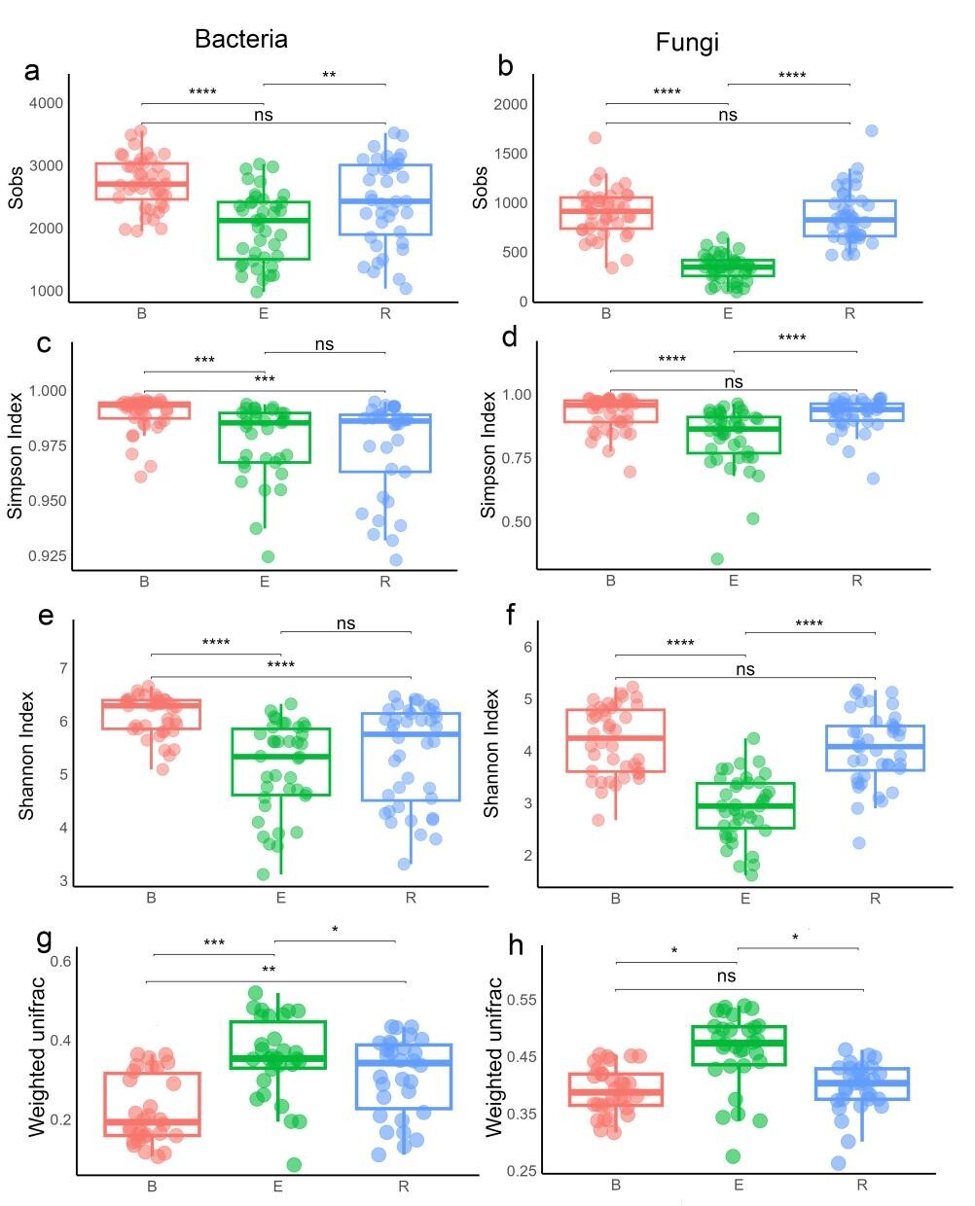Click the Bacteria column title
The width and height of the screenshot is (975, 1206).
tap(240, 39)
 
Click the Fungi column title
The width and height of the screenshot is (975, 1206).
tap(687, 42)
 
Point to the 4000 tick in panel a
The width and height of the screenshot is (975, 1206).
tap(46, 103)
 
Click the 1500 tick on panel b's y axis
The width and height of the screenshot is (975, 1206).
tap(510, 154)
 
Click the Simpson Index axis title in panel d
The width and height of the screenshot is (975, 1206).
tap(489, 454)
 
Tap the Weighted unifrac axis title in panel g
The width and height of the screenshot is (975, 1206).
tap(36, 1057)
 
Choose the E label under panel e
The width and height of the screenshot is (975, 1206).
tap(280, 898)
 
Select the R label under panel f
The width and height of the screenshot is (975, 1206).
tap(875, 899)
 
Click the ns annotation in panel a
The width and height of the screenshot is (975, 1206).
tap(263, 115)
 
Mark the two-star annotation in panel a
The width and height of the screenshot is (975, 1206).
tap(329, 75)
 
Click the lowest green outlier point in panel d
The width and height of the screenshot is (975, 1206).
tap(717, 559)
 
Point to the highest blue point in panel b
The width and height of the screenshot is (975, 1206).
tap(872, 130)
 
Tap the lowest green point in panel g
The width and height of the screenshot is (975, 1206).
tap(294, 1164)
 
